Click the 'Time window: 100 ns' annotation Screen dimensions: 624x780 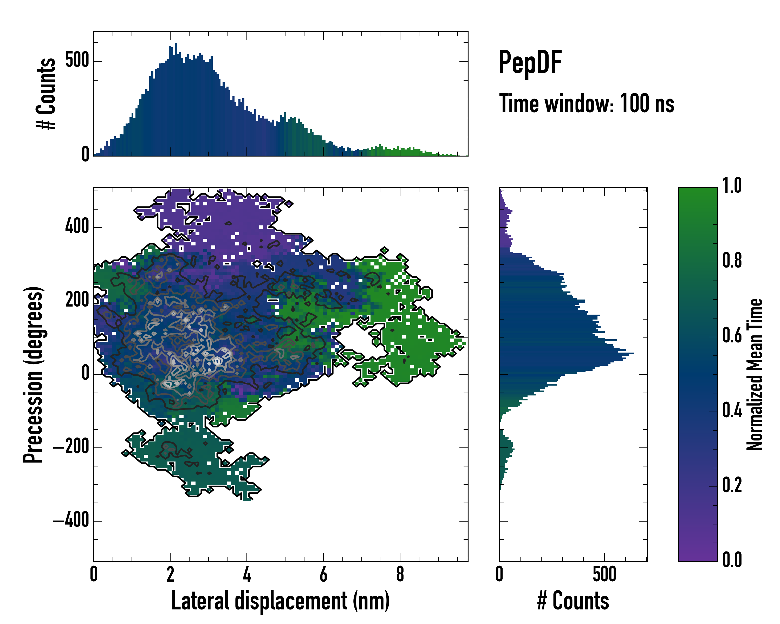(x=587, y=104)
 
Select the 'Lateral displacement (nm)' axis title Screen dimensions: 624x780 (x=280, y=601)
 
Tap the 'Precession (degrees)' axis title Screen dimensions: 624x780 (x=33, y=374)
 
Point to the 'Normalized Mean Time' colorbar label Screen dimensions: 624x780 (x=755, y=374)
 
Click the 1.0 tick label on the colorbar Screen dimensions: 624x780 (x=732, y=186)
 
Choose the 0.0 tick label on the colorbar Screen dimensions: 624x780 (x=732, y=559)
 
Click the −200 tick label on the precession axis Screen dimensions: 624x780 (x=71, y=447)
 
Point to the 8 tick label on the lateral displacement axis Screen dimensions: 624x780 (x=400, y=574)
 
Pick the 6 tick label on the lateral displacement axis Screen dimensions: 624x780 (x=323, y=574)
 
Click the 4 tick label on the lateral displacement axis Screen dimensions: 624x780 (x=247, y=574)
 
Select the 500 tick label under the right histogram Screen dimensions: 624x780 (x=604, y=574)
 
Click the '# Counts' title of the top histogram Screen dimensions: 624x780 (x=46, y=94)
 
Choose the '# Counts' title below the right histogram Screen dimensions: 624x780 (x=573, y=601)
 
